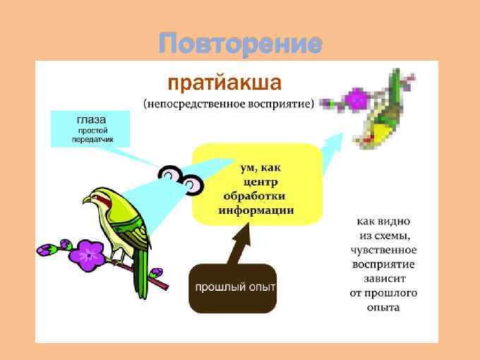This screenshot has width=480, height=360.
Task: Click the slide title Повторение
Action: coord(240,44)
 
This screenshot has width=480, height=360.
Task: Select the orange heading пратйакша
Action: coord(224,83)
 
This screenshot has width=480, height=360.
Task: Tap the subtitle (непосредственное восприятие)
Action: coord(229,104)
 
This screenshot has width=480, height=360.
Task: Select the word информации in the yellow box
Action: coord(256,210)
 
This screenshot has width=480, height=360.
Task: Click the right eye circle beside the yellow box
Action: coord(191,186)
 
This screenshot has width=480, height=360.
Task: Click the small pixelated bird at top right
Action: coord(381,113)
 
